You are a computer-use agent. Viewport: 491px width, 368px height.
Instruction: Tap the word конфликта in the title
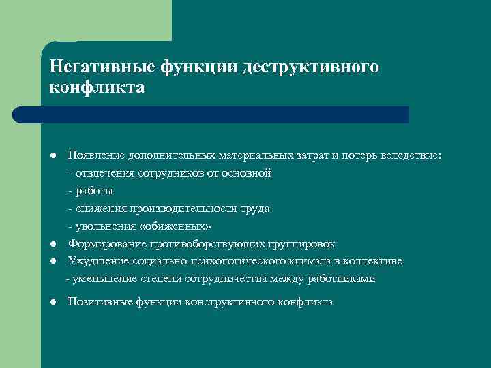97,88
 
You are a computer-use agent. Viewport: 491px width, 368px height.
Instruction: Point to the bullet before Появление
53,156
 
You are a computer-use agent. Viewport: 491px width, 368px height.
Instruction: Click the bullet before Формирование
53,244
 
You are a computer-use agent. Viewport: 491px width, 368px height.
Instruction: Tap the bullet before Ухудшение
53,262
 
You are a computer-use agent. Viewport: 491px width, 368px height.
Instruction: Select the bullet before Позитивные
53,302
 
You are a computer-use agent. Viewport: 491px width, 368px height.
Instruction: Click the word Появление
94,155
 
